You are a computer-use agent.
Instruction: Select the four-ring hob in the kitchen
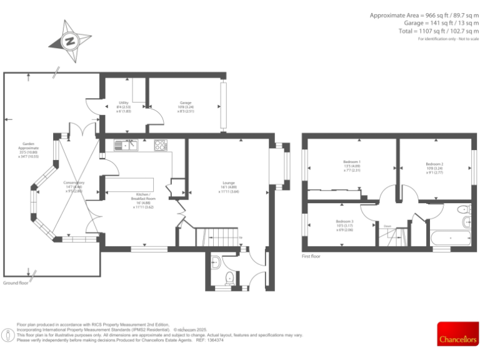(x=161, y=146)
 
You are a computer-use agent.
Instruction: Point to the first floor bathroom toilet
(x=463, y=209)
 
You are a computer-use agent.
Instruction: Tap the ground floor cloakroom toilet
(x=229, y=277)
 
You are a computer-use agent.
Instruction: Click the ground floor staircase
(x=219, y=237)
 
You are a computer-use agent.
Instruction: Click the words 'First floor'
(x=311, y=256)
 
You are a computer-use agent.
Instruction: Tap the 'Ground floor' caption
(x=16, y=283)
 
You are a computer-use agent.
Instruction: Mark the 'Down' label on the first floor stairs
(x=387, y=227)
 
